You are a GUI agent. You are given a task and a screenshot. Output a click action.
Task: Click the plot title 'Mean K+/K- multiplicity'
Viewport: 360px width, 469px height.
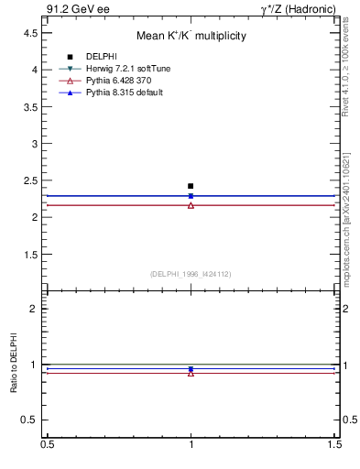click(191, 36)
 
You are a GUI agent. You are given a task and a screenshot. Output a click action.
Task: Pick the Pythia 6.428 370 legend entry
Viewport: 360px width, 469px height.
click(121, 81)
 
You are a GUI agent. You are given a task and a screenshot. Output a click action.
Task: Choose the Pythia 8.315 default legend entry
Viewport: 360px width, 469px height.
click(125, 93)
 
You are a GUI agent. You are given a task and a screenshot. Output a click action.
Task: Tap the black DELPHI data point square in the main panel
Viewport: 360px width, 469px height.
click(191, 186)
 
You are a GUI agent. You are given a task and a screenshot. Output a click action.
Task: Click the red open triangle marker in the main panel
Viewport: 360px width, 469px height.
click(191, 205)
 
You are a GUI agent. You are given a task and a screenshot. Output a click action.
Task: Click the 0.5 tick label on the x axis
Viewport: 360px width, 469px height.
click(46, 444)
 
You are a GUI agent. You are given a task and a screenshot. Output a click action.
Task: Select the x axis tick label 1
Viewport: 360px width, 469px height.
click(191, 444)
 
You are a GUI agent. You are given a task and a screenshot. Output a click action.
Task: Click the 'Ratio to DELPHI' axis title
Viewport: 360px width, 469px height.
click(15, 364)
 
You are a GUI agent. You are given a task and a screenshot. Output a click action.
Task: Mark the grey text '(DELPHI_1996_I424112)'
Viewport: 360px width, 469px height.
click(191, 274)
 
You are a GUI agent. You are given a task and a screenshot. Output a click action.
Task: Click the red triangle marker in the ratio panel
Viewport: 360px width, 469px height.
click(191, 373)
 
